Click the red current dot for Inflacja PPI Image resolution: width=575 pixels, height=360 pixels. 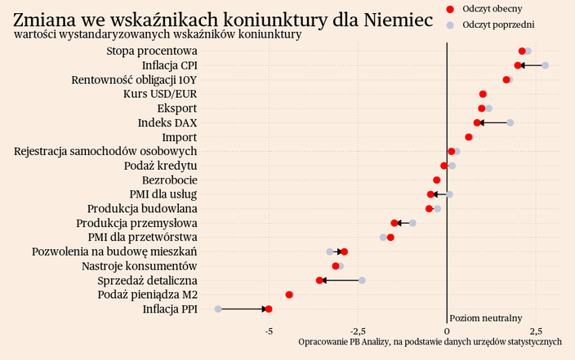click(269, 309)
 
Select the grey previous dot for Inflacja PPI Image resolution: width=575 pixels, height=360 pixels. click(218, 309)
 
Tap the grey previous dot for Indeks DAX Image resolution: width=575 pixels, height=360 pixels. click(510, 122)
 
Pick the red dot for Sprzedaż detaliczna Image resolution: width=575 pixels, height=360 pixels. click(319, 280)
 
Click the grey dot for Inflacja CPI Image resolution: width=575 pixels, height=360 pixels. click(545, 65)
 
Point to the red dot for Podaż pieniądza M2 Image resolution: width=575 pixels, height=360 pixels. click(289, 295)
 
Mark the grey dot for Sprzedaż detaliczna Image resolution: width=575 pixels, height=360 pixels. click(362, 280)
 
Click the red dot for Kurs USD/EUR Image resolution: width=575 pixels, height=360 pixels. click(483, 94)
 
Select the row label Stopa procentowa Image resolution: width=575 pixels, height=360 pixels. click(151, 51)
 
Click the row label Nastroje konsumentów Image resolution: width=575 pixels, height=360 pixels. click(139, 266)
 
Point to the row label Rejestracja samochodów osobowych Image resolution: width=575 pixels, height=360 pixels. click(105, 151)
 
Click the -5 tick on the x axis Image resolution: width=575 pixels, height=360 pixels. click(268, 331)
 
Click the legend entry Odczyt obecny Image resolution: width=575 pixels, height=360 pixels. click(492, 8)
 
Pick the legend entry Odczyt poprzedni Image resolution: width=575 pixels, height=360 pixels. click(497, 25)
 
